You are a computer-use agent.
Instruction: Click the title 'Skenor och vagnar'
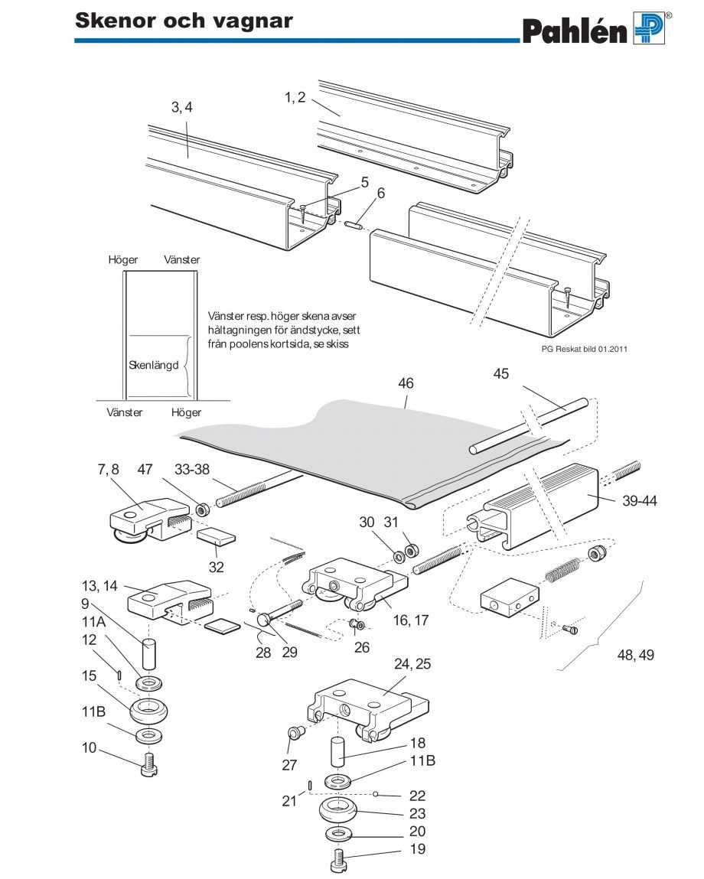click(184, 20)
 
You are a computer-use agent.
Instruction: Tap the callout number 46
click(405, 382)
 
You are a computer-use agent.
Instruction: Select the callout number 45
click(501, 374)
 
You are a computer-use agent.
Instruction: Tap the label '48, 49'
click(636, 655)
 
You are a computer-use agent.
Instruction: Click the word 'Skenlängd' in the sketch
click(154, 365)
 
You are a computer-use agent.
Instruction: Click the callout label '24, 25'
click(413, 664)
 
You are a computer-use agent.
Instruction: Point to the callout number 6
click(380, 194)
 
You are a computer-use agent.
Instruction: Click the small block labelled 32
click(217, 536)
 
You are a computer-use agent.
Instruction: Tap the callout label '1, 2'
click(295, 96)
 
